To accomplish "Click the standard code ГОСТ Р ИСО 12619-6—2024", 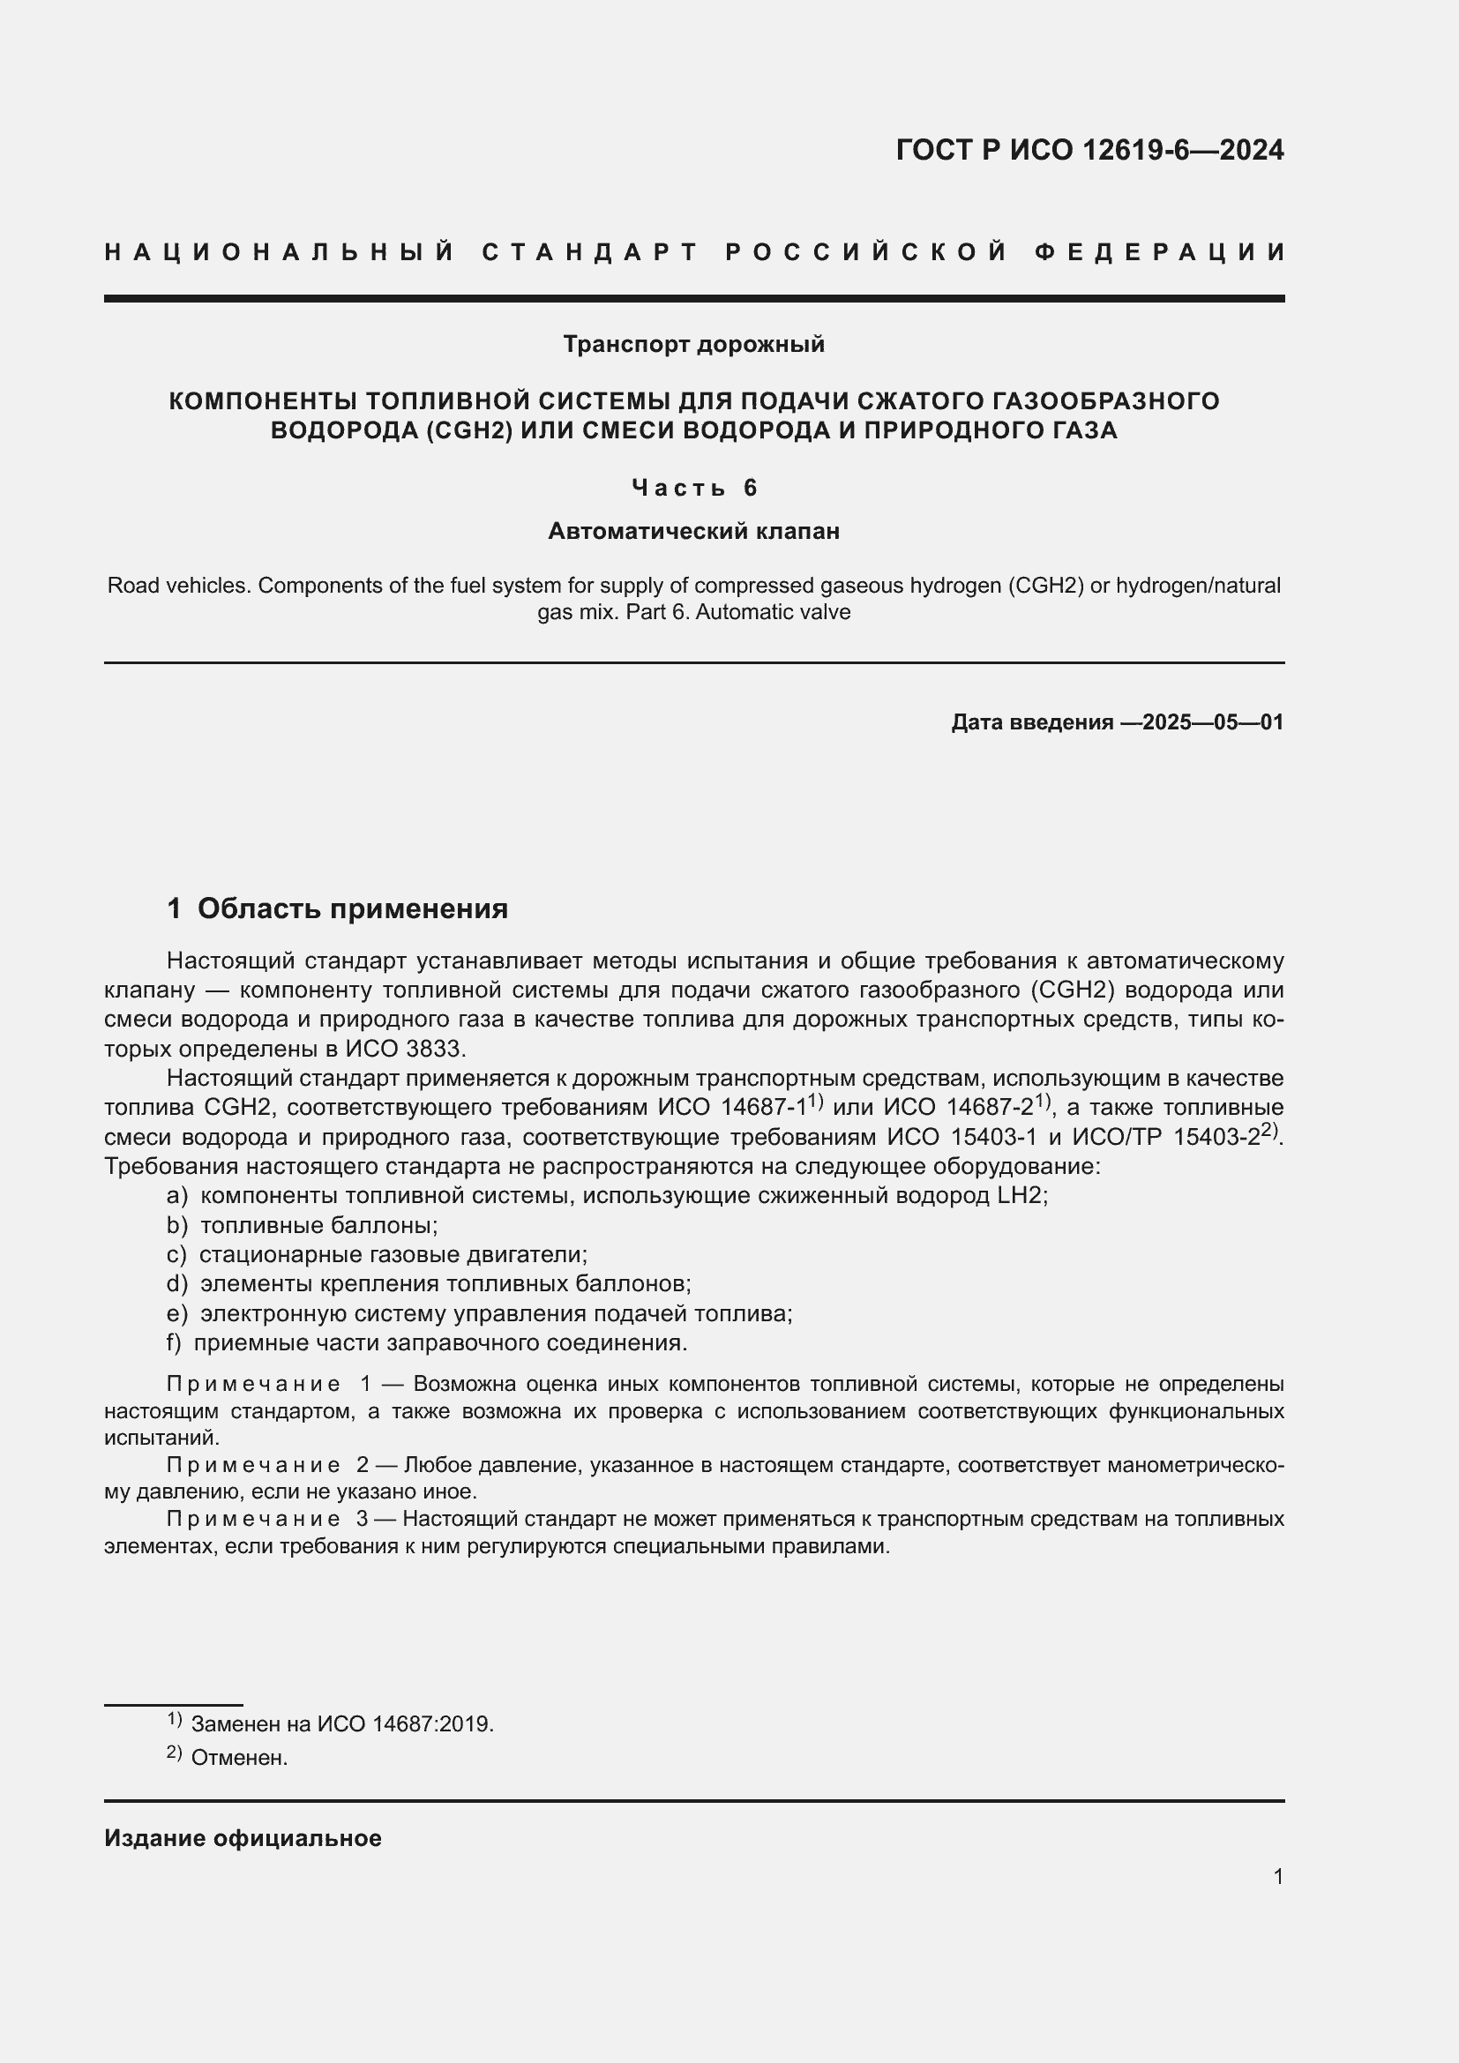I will tap(1089, 150).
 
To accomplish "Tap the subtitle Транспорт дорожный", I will tap(693, 344).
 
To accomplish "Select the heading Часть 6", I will tap(693, 488).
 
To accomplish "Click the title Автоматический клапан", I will tap(693, 531).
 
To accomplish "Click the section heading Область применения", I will tap(352, 908).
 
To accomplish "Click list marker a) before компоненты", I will tap(177, 1196).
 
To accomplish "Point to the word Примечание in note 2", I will tap(253, 1466).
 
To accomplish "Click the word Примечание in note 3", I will tap(253, 1520).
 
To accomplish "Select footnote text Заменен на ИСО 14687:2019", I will tap(342, 1724).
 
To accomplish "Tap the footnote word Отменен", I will tap(239, 1759).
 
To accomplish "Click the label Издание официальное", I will tap(243, 1838).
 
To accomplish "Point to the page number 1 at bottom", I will tap(1277, 1876).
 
